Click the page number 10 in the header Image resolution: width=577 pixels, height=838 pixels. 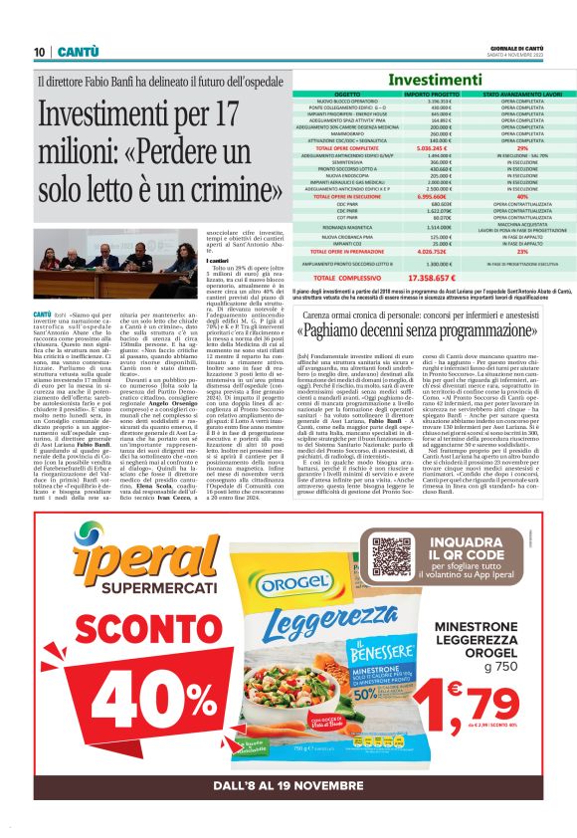coord(39,51)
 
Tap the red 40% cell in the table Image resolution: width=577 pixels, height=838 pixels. coord(521,196)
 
